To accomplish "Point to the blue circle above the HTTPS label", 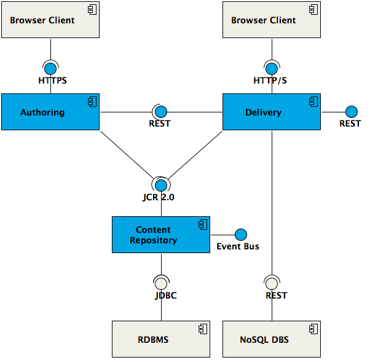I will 50,68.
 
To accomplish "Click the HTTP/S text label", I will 270,80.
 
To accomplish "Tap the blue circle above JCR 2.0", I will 161,185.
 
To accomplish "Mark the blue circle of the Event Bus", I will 240,235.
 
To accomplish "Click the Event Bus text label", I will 238,246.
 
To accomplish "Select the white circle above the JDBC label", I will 161,283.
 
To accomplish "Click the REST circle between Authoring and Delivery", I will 161,112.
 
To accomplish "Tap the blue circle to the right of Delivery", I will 351,112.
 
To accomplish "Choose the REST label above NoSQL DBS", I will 277,295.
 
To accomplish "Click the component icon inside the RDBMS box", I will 202,330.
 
